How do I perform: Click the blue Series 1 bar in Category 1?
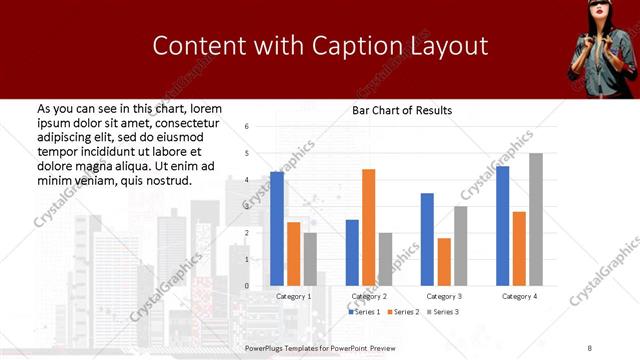pos(277,229)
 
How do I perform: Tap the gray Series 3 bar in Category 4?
pos(536,219)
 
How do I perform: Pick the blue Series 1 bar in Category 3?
pos(427,239)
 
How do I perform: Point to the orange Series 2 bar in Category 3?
pos(444,262)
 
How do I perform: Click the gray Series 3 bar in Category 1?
pos(310,259)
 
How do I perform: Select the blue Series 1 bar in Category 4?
pos(502,226)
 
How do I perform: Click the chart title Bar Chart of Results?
pos(402,110)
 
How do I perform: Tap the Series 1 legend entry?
pos(363,312)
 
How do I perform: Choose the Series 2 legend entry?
pos(402,312)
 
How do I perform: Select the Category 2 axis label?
pos(369,296)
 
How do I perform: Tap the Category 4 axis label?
pos(519,296)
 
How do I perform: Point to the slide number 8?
pos(590,348)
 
